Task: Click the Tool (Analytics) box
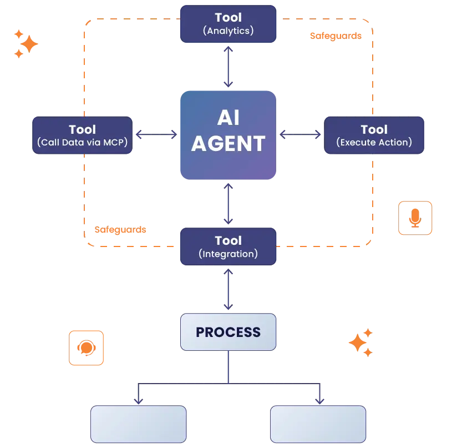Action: point(228,24)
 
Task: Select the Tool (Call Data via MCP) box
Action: point(82,135)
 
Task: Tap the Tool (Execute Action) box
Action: point(374,135)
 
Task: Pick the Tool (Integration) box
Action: point(228,246)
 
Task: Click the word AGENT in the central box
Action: point(228,143)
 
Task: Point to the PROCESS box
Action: point(228,332)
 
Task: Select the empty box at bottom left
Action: point(138,424)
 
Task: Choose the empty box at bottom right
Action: point(318,424)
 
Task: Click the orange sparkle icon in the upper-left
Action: point(25,43)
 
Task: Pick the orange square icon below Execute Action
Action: point(415,217)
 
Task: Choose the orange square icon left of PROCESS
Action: point(86,348)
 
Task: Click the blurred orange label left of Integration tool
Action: point(120,229)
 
